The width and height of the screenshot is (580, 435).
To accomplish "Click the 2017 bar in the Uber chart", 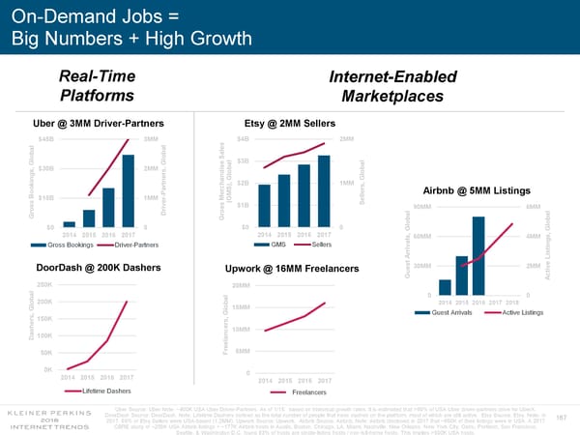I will pyautogui.click(x=128, y=189).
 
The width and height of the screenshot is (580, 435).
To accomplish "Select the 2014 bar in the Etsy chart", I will pyautogui.click(x=265, y=204).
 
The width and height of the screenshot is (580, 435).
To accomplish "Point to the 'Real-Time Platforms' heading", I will pyautogui.click(x=97, y=85).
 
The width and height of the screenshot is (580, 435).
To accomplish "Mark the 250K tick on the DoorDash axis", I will pyautogui.click(x=43, y=284).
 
